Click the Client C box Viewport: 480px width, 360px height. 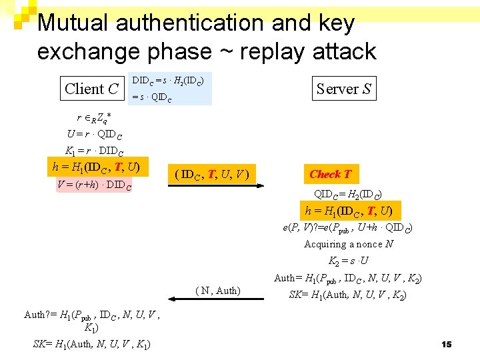point(92,89)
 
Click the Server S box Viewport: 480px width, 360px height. point(344,88)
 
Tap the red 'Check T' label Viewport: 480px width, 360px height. point(330,174)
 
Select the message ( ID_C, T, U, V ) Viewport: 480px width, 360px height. point(211,175)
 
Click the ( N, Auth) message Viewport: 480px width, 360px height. point(218,290)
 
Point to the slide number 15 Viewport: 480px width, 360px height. point(447,344)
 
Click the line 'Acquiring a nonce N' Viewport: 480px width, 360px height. point(349,244)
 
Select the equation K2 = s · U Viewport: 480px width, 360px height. point(349,261)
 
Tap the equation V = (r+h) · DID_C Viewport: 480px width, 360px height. point(95,185)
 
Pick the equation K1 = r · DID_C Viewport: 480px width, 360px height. point(94,150)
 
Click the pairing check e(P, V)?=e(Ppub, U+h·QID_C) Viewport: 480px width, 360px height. point(347,228)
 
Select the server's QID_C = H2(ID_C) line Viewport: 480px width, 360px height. point(347,195)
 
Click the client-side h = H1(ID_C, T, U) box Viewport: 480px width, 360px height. point(96,167)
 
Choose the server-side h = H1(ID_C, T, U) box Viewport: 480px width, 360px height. point(349,211)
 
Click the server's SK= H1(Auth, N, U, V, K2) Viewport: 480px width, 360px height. point(348,295)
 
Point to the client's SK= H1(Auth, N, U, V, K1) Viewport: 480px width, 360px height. point(91,344)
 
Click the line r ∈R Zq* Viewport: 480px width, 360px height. point(93,119)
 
